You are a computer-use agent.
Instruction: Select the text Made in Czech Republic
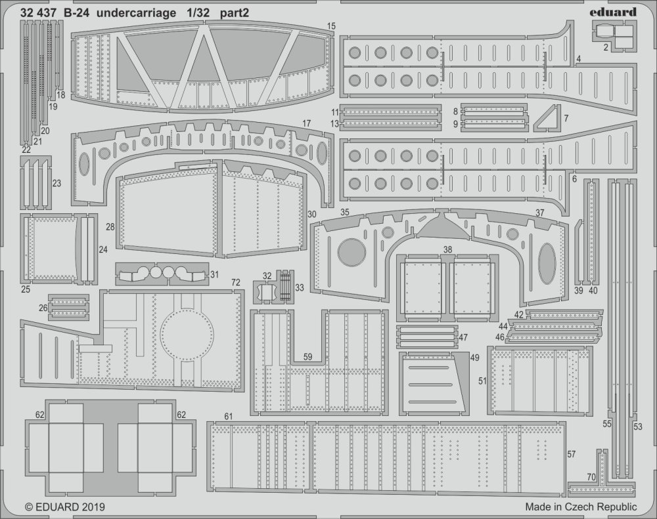(581, 507)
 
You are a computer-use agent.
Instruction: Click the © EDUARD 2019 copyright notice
(65, 507)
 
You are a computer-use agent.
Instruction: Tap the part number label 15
(330, 26)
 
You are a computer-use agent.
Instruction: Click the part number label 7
(566, 119)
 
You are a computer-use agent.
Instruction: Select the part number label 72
(235, 282)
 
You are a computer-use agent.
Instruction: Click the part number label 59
(308, 357)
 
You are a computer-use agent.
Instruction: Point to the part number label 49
(474, 358)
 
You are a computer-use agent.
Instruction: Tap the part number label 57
(571, 454)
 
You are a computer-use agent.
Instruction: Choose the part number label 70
(591, 476)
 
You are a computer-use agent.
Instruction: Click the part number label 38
(447, 249)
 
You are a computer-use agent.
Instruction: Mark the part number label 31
(215, 275)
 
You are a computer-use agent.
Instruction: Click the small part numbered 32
(265, 291)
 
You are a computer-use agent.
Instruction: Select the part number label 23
(57, 184)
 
